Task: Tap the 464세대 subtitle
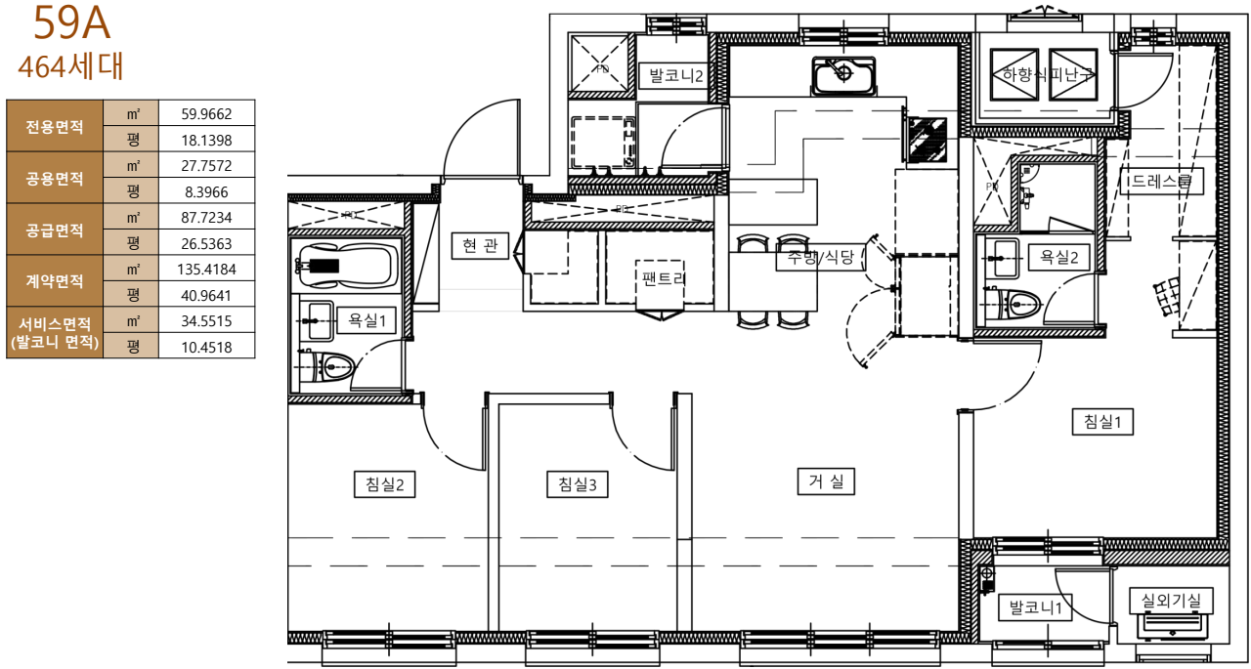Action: click(70, 65)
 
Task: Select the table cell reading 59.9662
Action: click(206, 113)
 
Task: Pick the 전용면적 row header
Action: click(55, 126)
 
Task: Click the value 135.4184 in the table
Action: click(206, 269)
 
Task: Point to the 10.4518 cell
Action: click(206, 346)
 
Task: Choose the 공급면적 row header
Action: click(55, 230)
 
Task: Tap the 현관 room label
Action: click(480, 245)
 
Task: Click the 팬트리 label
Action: click(664, 276)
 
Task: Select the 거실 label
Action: click(826, 481)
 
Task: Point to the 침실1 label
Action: click(1102, 421)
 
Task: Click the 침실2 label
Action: click(385, 483)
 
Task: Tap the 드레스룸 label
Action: click(1160, 181)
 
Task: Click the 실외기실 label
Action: click(1171, 600)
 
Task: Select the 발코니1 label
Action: click(1035, 607)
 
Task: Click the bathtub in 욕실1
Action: click(346, 265)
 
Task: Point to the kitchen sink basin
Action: click(842, 74)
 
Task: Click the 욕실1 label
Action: click(364, 319)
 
